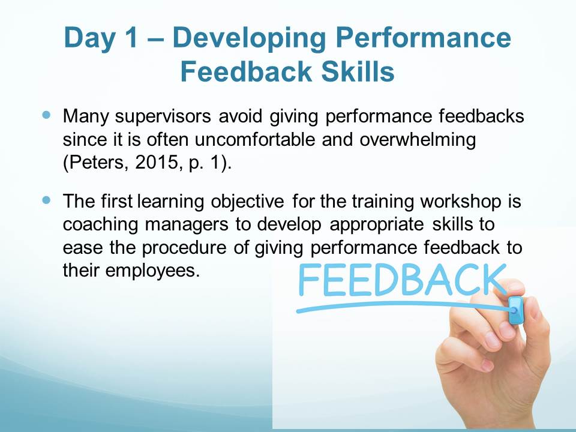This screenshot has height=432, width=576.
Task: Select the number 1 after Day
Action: click(130, 37)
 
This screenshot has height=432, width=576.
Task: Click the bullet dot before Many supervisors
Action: click(46, 115)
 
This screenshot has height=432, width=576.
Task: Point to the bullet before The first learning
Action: click(46, 200)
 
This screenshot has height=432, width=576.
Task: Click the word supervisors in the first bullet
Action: click(163, 117)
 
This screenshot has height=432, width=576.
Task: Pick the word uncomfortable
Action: click(255, 139)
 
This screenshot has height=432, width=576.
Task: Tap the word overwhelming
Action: click(418, 140)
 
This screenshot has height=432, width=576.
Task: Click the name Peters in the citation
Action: click(97, 163)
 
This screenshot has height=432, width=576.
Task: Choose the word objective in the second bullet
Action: click(247, 202)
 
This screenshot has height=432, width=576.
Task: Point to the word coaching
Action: click(100, 225)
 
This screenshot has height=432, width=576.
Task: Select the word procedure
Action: click(184, 248)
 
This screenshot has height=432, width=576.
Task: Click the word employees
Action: click(152, 271)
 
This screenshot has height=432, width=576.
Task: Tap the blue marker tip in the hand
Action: click(515, 310)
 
